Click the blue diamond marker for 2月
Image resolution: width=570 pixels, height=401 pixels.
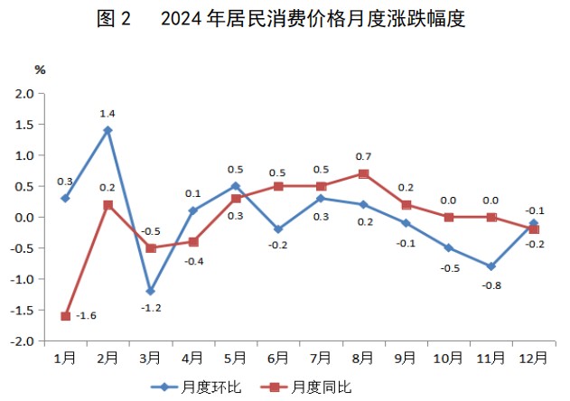tap(107, 130)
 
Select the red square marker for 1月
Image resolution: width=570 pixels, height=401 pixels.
tap(65, 316)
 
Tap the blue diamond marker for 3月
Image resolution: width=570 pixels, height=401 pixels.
tap(150, 291)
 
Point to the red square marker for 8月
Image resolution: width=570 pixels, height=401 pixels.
tap(363, 173)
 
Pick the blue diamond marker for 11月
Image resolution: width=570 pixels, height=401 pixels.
tap(491, 266)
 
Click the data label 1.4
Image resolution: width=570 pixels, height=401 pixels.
tap(107, 113)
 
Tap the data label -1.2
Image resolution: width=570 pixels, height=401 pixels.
tap(150, 309)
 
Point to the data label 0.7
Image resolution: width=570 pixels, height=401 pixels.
tap(363, 156)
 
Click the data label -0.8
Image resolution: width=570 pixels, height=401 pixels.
tap(491, 284)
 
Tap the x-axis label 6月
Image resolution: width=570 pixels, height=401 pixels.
tap(277, 358)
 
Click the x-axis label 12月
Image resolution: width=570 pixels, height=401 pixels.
tap(533, 358)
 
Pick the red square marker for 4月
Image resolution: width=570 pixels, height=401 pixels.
tap(192, 242)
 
